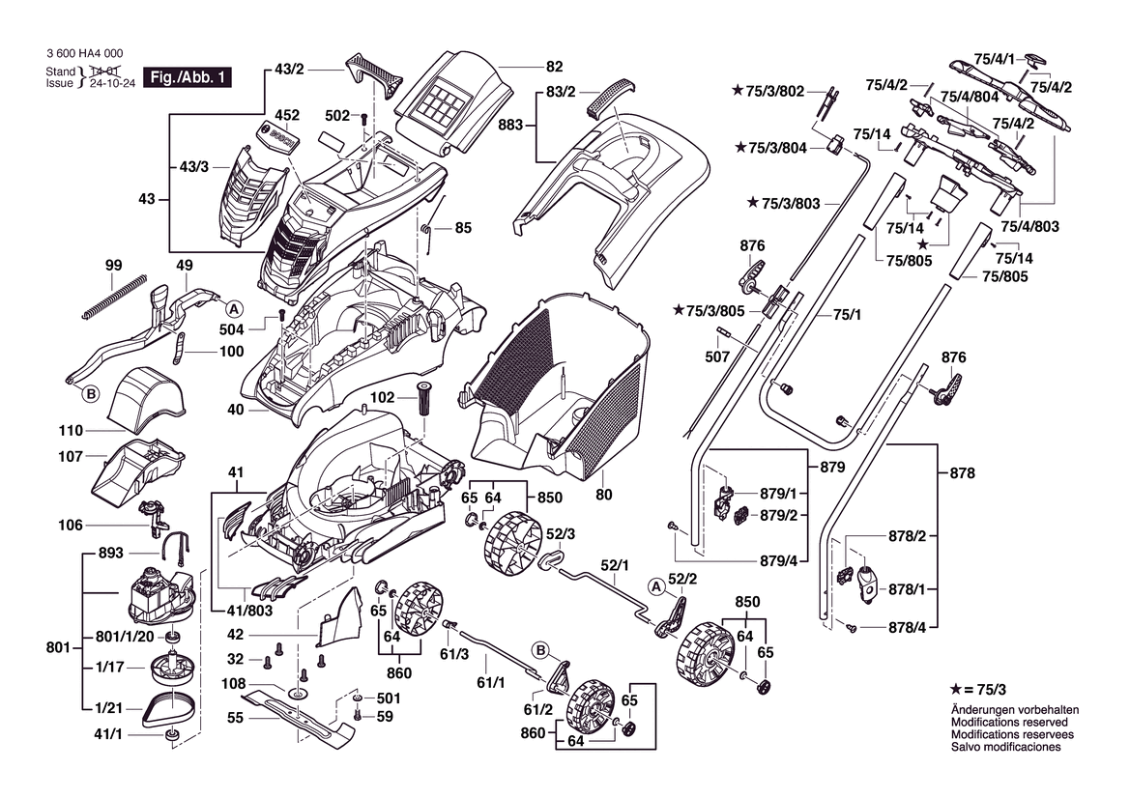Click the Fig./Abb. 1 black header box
click(x=188, y=78)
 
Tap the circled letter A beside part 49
click(x=233, y=309)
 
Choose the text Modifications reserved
click(x=1009, y=722)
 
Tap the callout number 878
click(x=963, y=473)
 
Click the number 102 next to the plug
click(x=384, y=396)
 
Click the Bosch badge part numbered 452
click(x=279, y=137)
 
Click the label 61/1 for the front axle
click(x=492, y=684)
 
